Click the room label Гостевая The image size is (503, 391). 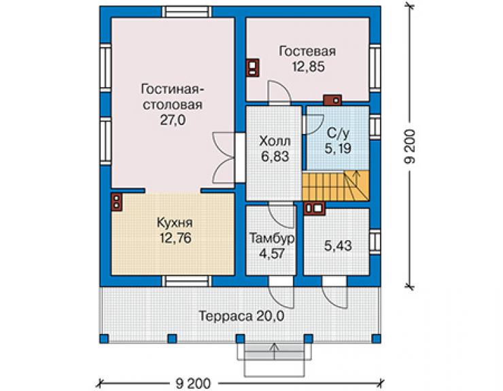point(307,52)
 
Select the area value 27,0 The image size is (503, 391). point(173,120)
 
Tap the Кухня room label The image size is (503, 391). point(175,223)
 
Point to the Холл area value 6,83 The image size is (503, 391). point(275,156)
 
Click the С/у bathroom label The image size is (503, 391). point(338,133)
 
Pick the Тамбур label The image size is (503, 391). point(272,239)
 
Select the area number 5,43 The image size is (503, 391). point(338,246)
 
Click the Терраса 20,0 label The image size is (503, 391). point(241,316)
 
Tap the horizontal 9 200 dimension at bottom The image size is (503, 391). point(194,384)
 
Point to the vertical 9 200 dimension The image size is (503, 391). point(410,146)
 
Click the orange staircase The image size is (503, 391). point(336,186)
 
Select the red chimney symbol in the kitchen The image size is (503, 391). point(116,202)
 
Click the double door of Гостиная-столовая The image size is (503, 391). point(223,158)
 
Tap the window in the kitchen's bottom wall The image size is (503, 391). point(186,281)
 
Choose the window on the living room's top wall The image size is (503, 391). point(186,12)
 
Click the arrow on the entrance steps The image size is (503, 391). point(275,351)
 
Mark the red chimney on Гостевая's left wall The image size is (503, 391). point(252,68)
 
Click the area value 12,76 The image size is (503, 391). point(175,238)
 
